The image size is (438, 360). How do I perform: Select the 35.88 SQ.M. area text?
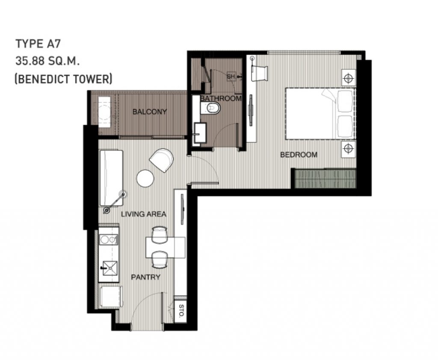[x=48, y=61]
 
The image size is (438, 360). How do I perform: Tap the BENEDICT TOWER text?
[x=63, y=79]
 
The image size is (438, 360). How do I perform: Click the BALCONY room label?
[x=149, y=112]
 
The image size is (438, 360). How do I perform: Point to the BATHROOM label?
[x=220, y=98]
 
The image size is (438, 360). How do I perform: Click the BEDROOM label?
[x=299, y=154]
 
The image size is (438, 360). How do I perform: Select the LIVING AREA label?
[x=143, y=214]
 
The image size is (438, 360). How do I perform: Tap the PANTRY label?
[x=145, y=277]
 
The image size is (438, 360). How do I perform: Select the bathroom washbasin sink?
[x=199, y=131]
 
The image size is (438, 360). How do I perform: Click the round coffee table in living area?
[x=145, y=178]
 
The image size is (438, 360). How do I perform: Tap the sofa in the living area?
[x=111, y=177]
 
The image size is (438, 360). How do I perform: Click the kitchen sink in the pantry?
[x=108, y=267]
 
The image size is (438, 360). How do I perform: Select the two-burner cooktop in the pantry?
[x=108, y=240]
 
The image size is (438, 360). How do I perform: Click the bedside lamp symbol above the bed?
[x=349, y=79]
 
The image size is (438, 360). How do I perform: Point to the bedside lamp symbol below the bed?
[x=349, y=148]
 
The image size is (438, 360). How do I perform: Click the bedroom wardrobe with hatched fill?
[x=325, y=178]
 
